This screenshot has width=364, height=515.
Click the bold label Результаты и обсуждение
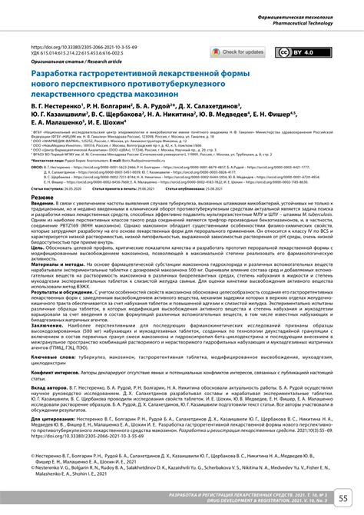(65, 314)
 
